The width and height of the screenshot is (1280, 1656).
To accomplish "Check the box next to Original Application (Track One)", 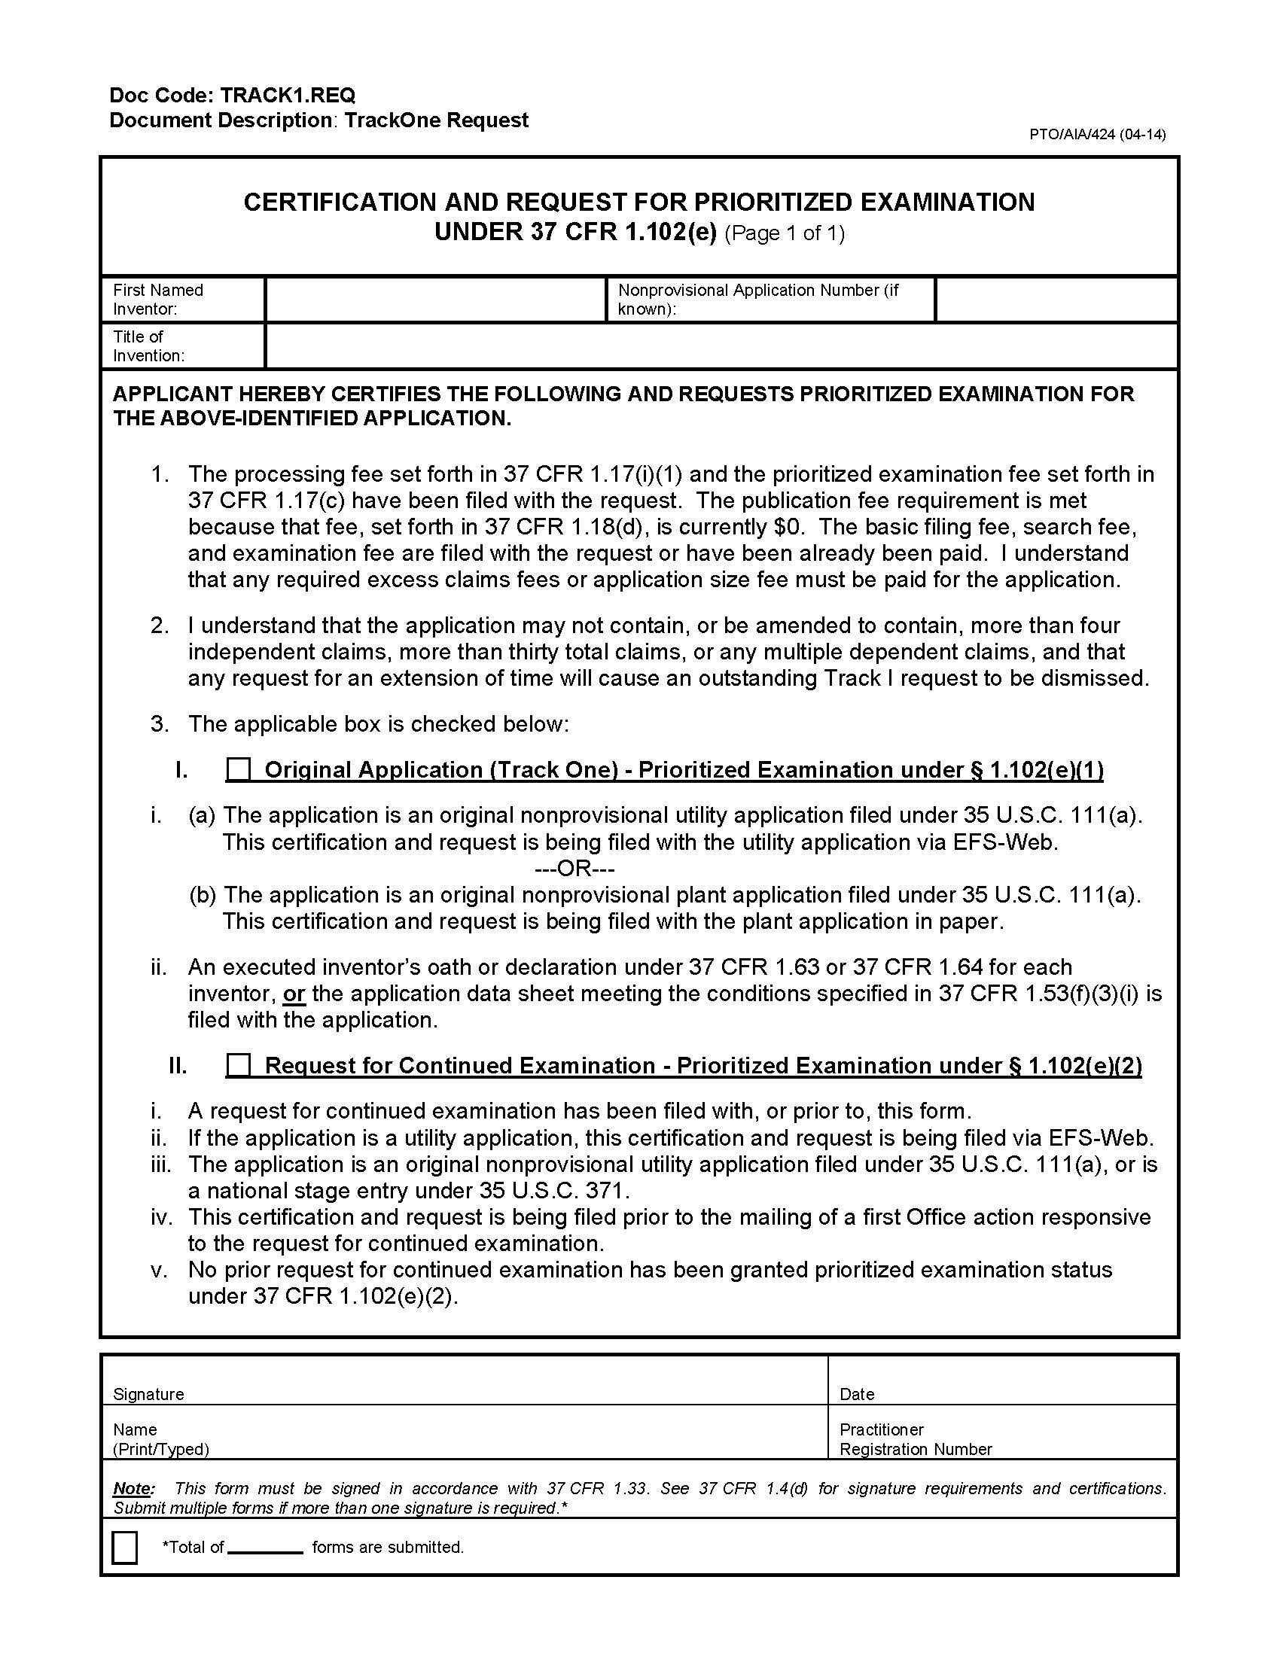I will pos(239,769).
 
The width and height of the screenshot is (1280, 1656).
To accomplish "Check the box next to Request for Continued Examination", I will pos(239,1065).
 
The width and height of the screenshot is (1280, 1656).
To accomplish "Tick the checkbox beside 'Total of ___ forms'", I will pos(124,1548).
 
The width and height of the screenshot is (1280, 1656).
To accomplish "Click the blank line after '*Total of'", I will pos(264,1548).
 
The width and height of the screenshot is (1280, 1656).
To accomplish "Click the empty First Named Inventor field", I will pos(435,300).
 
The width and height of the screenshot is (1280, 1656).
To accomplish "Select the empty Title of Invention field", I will pos(721,346).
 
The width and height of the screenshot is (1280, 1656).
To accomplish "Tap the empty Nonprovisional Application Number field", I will pos(1056,300).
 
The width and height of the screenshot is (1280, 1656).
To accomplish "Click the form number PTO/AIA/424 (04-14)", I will pos(1096,135).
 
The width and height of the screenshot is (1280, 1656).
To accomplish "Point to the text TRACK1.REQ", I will pos(288,96).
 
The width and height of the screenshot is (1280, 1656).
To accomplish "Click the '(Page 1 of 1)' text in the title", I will pos(784,233).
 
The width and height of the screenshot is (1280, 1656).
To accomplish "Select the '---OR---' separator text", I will pos(574,868).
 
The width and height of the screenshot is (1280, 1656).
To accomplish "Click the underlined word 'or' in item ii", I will pos(294,994).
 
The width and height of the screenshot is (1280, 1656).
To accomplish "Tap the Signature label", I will pos(148,1393).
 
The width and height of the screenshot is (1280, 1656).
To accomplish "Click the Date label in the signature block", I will pos(857,1393).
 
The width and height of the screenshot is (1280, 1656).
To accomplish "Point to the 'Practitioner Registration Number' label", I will pos(916,1439).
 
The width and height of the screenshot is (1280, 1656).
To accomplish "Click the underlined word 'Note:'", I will pos(133,1488).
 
